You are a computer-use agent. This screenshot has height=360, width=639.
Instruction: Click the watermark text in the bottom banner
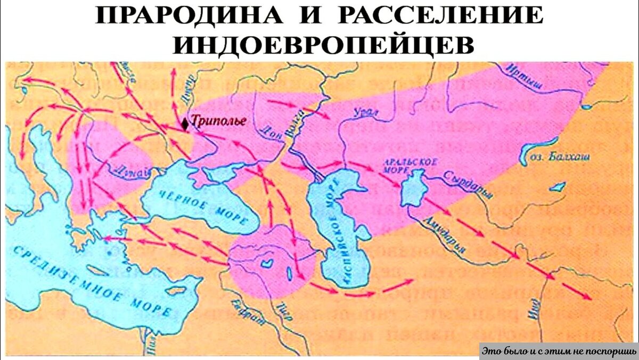(x=559, y=351)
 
